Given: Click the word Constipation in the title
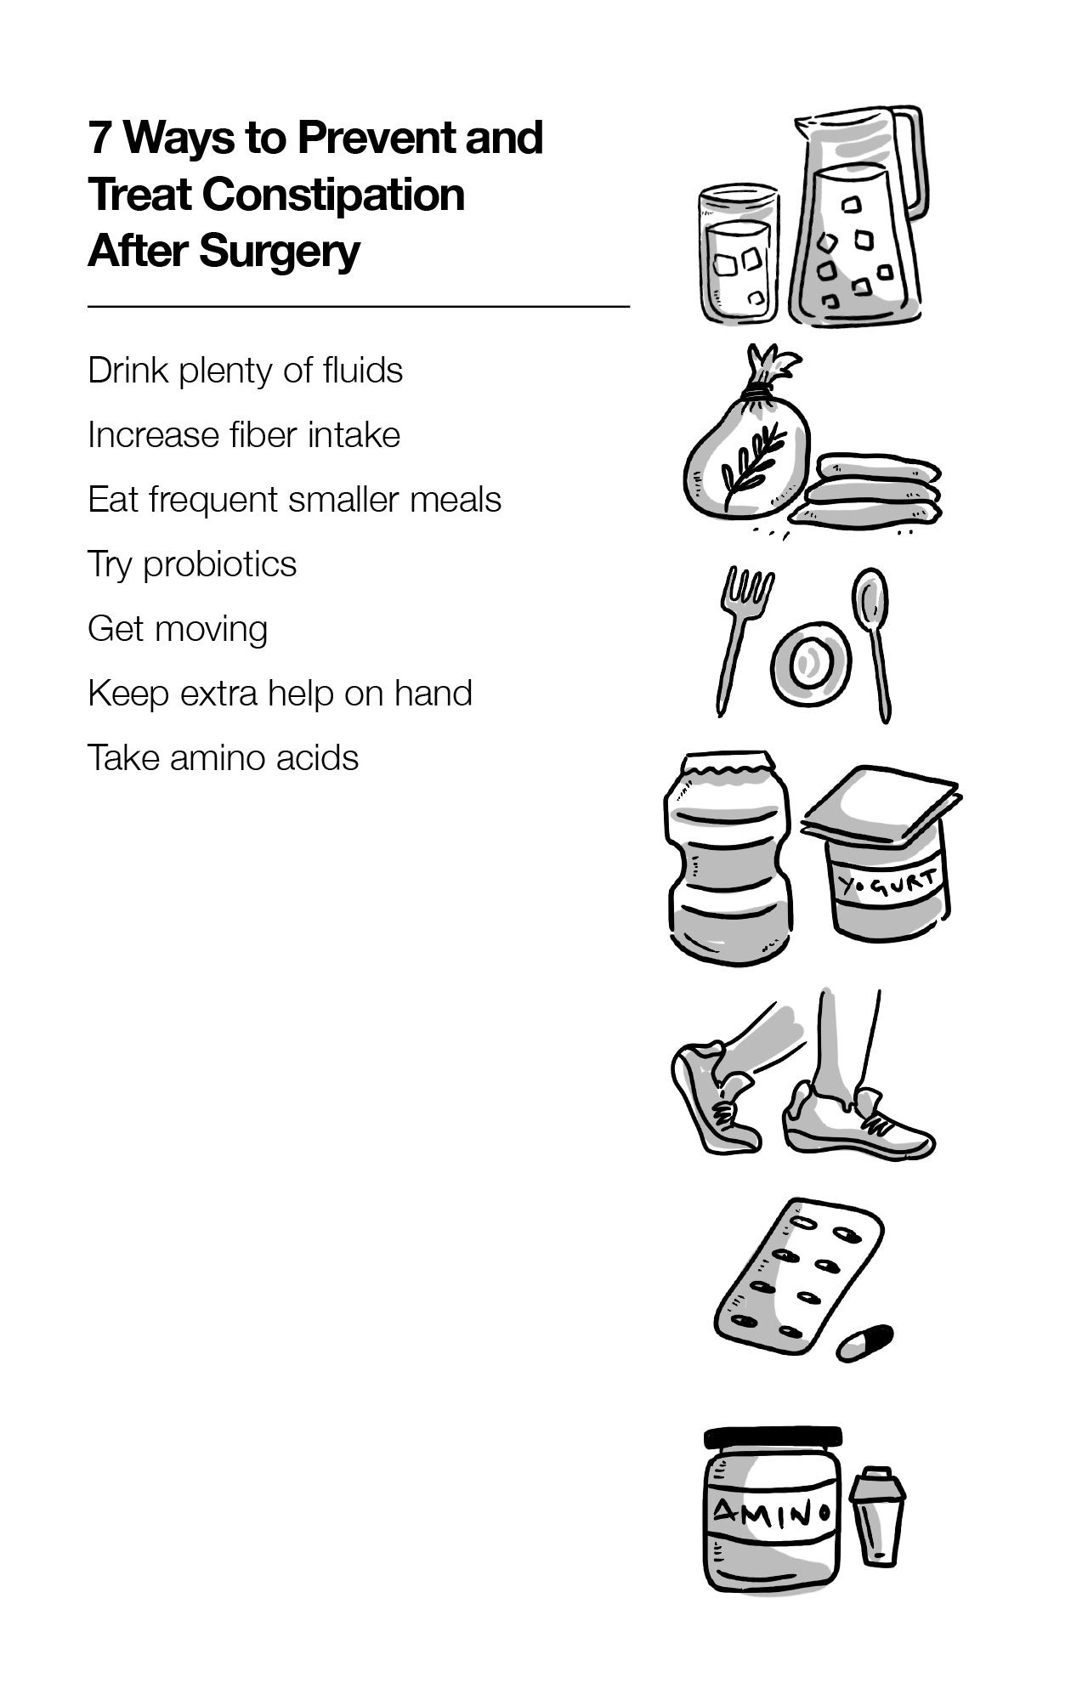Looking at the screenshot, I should (x=333, y=195).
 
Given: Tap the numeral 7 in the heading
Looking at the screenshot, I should (x=99, y=138).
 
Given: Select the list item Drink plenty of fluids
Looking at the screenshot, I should (x=245, y=371).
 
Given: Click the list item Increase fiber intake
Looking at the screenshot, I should (x=244, y=435).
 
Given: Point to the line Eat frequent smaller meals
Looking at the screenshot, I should (x=294, y=500).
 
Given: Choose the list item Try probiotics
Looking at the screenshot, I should (x=192, y=564).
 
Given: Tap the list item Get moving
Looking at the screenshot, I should (x=178, y=629).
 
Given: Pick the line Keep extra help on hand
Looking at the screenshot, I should (x=280, y=694).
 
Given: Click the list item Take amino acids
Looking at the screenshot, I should (x=223, y=758).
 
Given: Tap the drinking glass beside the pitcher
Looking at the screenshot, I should (x=739, y=255).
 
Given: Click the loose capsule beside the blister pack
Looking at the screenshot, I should (x=864, y=1343).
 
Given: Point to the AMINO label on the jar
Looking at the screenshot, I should (x=770, y=1510).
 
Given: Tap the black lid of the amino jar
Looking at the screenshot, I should (x=773, y=1437).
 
